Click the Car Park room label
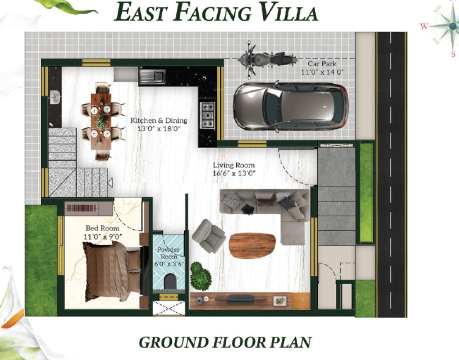(x=321, y=68)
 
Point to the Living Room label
(x=234, y=168)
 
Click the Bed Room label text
(x=103, y=232)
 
